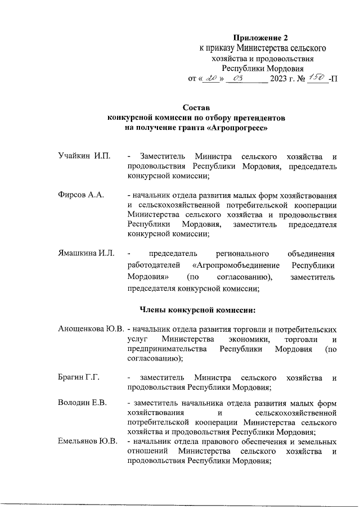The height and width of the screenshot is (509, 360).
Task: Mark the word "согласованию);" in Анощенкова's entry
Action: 154,358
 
